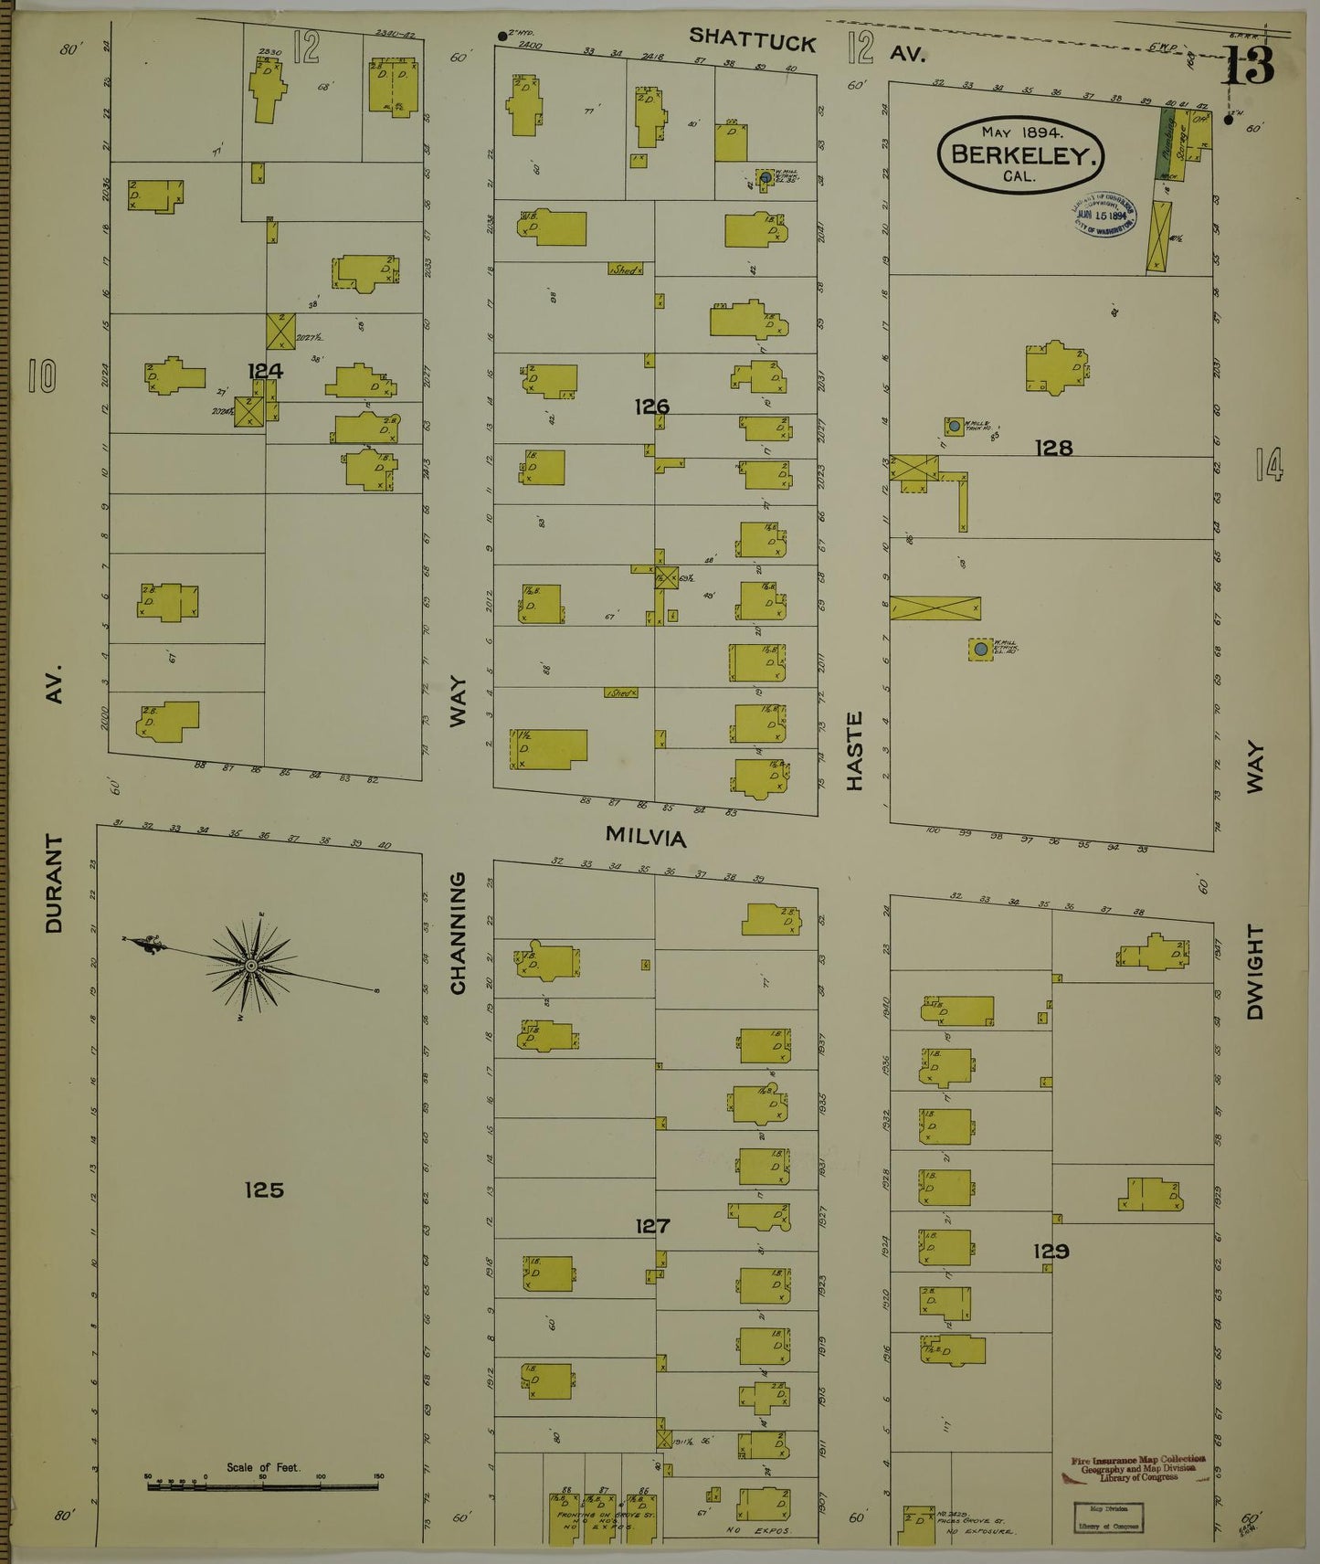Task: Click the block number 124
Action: point(265,371)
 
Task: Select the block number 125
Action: point(264,1189)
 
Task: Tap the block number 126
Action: point(652,407)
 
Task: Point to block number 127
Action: point(652,1226)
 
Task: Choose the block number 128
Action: point(1053,448)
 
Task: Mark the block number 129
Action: point(1051,1252)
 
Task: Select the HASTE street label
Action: point(854,752)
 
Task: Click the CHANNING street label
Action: point(458,933)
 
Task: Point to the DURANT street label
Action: point(54,882)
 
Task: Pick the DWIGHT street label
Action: point(1255,972)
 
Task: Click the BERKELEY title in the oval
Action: point(1021,154)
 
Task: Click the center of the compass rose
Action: point(249,966)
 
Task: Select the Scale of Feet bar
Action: point(263,1485)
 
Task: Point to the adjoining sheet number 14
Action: point(1269,464)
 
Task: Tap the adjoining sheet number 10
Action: point(42,375)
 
